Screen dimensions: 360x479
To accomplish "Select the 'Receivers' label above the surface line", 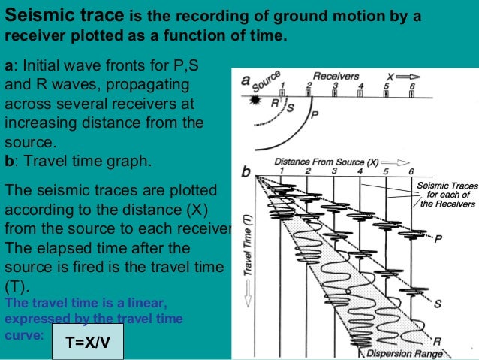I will click(x=336, y=76).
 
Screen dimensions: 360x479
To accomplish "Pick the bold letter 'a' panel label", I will click(x=246, y=79).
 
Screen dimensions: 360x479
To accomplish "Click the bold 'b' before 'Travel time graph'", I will click(x=8, y=159).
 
